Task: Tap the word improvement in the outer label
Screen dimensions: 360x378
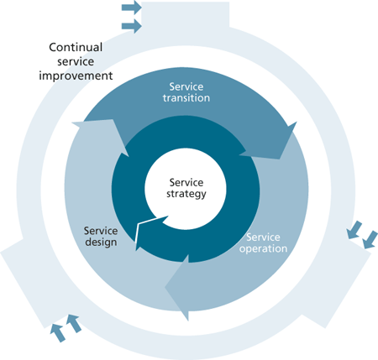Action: (x=76, y=75)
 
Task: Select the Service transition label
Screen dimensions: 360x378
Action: (x=189, y=91)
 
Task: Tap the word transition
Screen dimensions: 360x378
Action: (x=189, y=97)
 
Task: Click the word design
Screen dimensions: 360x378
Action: (x=100, y=243)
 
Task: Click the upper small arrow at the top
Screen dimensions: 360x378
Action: (x=132, y=8)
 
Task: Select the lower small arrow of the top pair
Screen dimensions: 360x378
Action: (x=132, y=26)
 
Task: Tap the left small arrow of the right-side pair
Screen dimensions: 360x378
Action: (x=354, y=229)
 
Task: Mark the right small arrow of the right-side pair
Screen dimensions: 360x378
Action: (x=369, y=241)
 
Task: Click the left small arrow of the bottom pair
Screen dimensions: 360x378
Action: (x=57, y=332)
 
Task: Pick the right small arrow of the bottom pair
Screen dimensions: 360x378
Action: (x=74, y=322)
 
